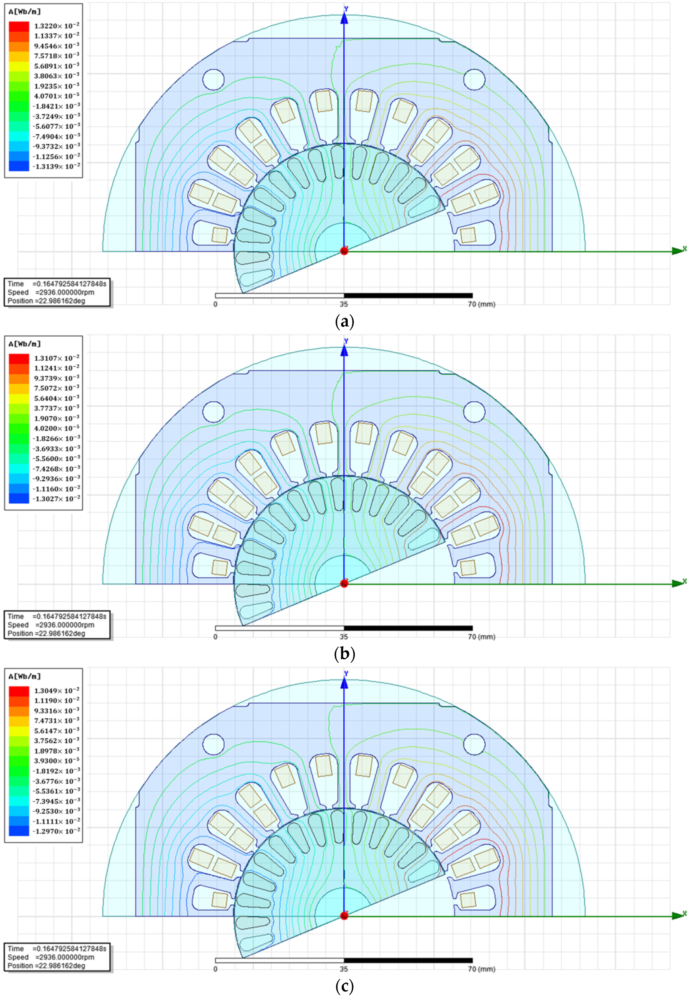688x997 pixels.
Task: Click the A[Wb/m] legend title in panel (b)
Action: (x=25, y=344)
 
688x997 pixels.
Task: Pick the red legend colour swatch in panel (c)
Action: (x=19, y=691)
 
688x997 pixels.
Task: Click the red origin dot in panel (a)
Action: (x=344, y=251)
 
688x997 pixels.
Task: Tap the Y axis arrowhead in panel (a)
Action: (x=344, y=18)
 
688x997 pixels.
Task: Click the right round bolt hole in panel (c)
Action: (x=474, y=744)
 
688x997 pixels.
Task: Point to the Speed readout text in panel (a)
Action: (x=51, y=292)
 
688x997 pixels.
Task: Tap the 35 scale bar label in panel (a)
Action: (x=344, y=304)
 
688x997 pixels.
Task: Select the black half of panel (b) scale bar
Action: (x=408, y=628)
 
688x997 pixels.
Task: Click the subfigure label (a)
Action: (x=344, y=322)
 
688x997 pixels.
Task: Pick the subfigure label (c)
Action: (x=344, y=987)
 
